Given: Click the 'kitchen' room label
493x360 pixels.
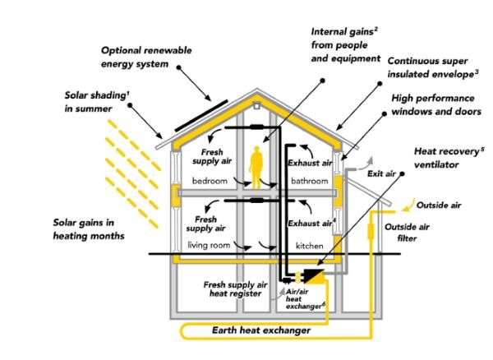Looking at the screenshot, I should [x=310, y=246].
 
